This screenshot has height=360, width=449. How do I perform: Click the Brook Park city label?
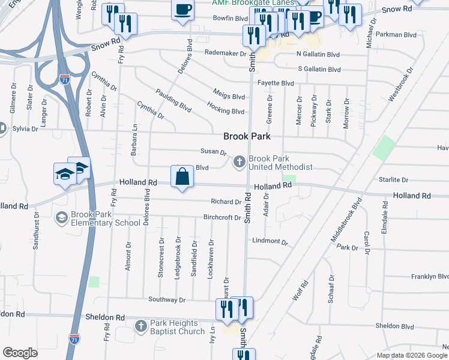[x=247, y=136]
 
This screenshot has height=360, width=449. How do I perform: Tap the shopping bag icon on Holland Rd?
[x=182, y=177]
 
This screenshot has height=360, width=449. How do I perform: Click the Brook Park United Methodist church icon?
[x=240, y=161]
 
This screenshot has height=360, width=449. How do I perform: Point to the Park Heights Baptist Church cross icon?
[x=140, y=326]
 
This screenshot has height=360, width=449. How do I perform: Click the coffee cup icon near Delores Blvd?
[x=183, y=10]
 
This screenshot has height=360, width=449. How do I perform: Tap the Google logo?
[x=20, y=352]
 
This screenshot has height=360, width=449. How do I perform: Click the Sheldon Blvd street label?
[x=394, y=326]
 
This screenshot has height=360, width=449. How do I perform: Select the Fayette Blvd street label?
[x=276, y=83]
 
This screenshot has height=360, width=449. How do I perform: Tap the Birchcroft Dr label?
[x=222, y=218]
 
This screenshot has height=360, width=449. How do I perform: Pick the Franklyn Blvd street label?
[x=430, y=277]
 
